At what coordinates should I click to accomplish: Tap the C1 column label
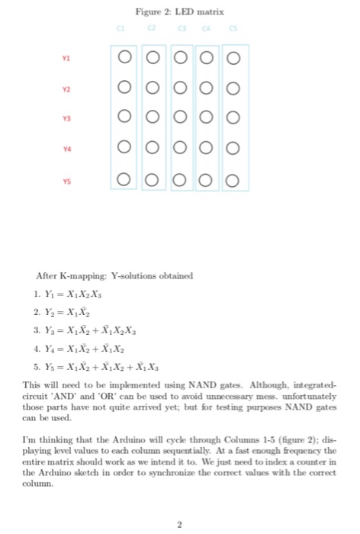pyautogui.click(x=120, y=30)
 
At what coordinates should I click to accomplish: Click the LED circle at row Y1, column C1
pyautogui.click(x=124, y=56)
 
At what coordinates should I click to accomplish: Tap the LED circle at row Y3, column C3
pyautogui.click(x=183, y=118)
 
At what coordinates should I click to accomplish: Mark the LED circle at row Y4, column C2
pyautogui.click(x=153, y=150)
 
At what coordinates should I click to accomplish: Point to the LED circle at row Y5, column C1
pyautogui.click(x=124, y=181)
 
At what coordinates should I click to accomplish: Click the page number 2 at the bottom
pyautogui.click(x=179, y=524)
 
